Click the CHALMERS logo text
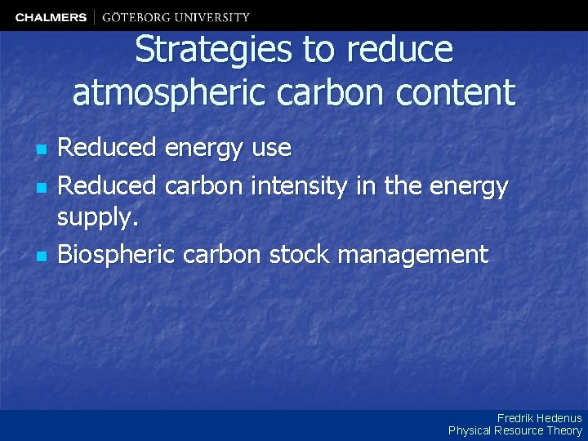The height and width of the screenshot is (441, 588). point(51,17)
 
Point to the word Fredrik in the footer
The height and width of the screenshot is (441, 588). point(514,418)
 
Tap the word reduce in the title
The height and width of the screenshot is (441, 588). point(399,51)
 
